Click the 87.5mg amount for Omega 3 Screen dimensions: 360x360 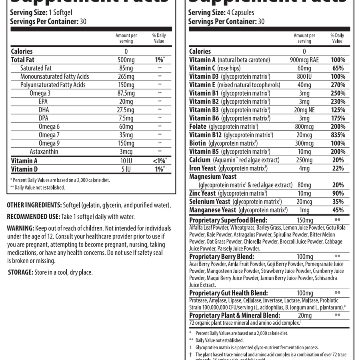126,93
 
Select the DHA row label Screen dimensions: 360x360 44,110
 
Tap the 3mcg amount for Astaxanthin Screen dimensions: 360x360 126,152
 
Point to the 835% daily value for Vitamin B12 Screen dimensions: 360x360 338,135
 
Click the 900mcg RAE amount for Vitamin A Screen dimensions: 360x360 304,60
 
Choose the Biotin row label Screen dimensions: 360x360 198,143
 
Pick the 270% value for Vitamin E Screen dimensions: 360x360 338,85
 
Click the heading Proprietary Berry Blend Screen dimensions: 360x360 222,256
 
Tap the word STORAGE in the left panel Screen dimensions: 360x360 20,272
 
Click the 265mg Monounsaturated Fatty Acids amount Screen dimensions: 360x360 126,76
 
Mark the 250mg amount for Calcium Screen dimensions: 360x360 304,160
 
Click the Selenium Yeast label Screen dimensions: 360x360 210,202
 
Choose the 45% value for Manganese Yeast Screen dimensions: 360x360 338,210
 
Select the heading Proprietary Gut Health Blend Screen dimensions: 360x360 228,293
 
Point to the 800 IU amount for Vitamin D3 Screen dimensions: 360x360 304,76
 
